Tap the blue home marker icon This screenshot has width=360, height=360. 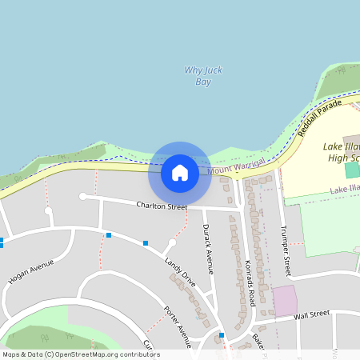click(180, 173)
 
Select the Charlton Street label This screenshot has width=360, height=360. click(162, 206)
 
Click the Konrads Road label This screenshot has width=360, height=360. click(250, 282)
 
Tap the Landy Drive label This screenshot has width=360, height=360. click(179, 272)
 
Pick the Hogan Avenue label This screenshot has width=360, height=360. click(30, 273)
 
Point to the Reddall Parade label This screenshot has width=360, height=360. click(320, 117)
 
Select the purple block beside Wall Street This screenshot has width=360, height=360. click(284, 300)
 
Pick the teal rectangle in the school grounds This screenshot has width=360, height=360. click(352, 170)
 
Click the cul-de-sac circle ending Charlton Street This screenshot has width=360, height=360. click(82, 196)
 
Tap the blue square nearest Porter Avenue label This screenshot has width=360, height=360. click(222, 334)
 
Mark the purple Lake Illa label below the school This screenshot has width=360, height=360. click(345, 190)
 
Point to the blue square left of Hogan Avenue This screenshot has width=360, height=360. click(2, 241)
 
